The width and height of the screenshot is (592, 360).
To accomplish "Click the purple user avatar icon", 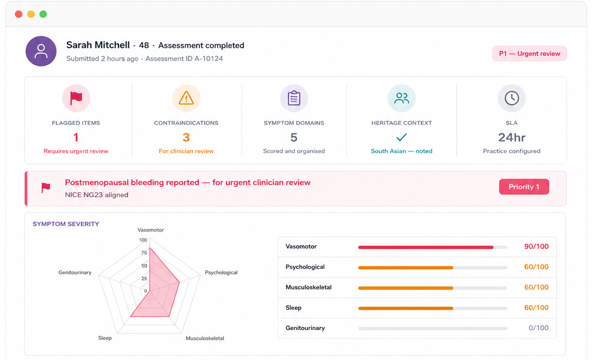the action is tap(41, 51).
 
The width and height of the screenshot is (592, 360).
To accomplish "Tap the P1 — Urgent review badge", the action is tap(530, 54).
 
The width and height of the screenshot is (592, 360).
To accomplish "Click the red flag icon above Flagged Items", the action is tap(76, 98).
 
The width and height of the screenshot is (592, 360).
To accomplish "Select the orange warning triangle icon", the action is tap(186, 98).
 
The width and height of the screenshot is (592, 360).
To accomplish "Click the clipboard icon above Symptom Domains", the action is tap(294, 98).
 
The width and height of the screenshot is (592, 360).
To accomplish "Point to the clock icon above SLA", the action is tap(512, 98).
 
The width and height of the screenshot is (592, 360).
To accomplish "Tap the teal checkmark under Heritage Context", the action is tap(401, 137).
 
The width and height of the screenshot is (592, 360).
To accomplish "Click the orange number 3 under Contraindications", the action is tap(186, 138).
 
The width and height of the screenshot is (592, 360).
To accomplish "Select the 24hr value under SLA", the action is tap(512, 138).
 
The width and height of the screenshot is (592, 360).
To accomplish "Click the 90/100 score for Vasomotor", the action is tap(536, 246).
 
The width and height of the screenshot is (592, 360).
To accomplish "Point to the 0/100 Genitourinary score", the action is tap(538, 328).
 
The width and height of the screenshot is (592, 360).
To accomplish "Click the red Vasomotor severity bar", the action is tap(426, 247).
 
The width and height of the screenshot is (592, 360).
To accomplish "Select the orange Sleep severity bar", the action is tap(405, 309).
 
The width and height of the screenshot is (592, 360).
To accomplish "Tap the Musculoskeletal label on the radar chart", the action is tap(205, 338).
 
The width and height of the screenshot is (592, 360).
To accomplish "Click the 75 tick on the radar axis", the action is tap(144, 253).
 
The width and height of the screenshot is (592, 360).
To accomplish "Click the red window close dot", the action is tap(18, 14).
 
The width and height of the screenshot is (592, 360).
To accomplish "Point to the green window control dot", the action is tap(43, 14).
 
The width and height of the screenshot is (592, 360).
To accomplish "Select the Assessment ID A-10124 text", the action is tap(184, 58).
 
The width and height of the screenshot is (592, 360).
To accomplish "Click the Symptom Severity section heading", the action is tap(66, 224).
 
